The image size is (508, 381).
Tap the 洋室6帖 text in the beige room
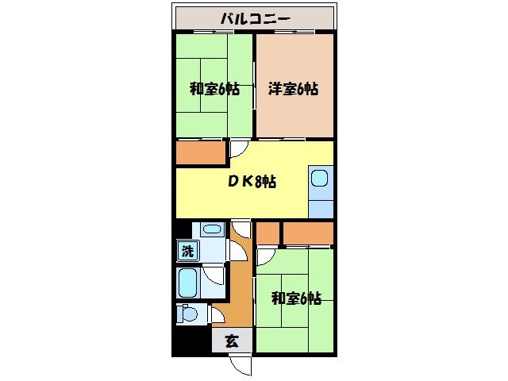(x=294, y=89)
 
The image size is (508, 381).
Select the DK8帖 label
(x=252, y=181)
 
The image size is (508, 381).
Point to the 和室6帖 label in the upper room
(x=214, y=89)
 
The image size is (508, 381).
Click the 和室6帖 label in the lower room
(x=296, y=298)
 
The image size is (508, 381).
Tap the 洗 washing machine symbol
(x=187, y=252)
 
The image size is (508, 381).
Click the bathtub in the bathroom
(x=188, y=281)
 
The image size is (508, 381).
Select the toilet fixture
(x=187, y=313)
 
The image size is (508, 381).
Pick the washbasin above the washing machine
(x=212, y=230)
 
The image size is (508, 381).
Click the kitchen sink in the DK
(x=321, y=180)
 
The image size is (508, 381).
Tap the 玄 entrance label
(x=232, y=342)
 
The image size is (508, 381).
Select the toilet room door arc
(x=217, y=314)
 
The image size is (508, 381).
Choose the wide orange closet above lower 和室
(x=307, y=233)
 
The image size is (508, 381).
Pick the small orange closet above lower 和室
(x=267, y=233)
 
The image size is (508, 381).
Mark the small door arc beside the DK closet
(x=238, y=148)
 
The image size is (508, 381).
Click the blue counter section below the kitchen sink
(x=321, y=209)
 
